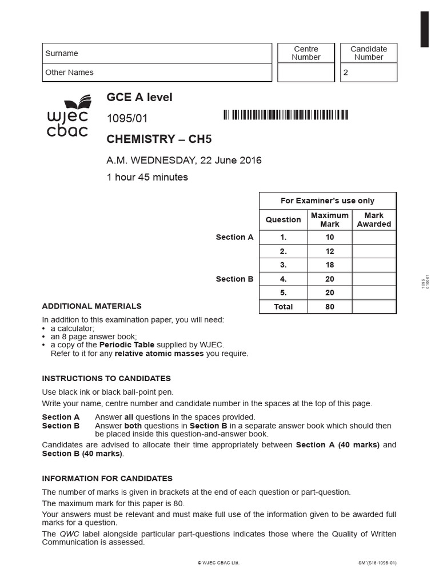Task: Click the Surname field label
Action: (62, 53)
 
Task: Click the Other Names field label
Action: (69, 73)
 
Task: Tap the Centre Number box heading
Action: (306, 53)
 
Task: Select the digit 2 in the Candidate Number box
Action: (345, 73)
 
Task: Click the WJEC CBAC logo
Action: (67, 118)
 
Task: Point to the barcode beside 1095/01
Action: (285, 115)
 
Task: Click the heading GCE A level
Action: (139, 97)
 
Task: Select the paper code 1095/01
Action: (123, 118)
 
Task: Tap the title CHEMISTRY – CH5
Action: (155, 139)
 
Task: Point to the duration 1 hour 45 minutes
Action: (147, 177)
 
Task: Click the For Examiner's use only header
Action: (328, 201)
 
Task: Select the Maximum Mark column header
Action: (329, 219)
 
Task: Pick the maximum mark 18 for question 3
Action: (329, 265)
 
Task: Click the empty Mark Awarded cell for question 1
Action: (374, 237)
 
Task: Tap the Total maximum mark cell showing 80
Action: (329, 307)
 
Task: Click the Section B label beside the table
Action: (234, 279)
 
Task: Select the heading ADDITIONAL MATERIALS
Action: (91, 306)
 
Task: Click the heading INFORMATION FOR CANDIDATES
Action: (107, 478)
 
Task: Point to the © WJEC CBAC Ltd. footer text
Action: (218, 563)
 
